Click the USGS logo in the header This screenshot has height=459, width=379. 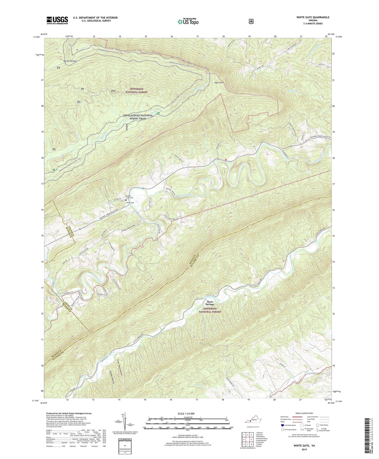pyautogui.click(x=57, y=20)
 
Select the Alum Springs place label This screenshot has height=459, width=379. pyautogui.click(x=210, y=303)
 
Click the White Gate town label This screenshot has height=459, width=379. pyautogui.click(x=130, y=203)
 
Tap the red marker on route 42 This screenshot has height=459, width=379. pyautogui.click(x=226, y=160)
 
